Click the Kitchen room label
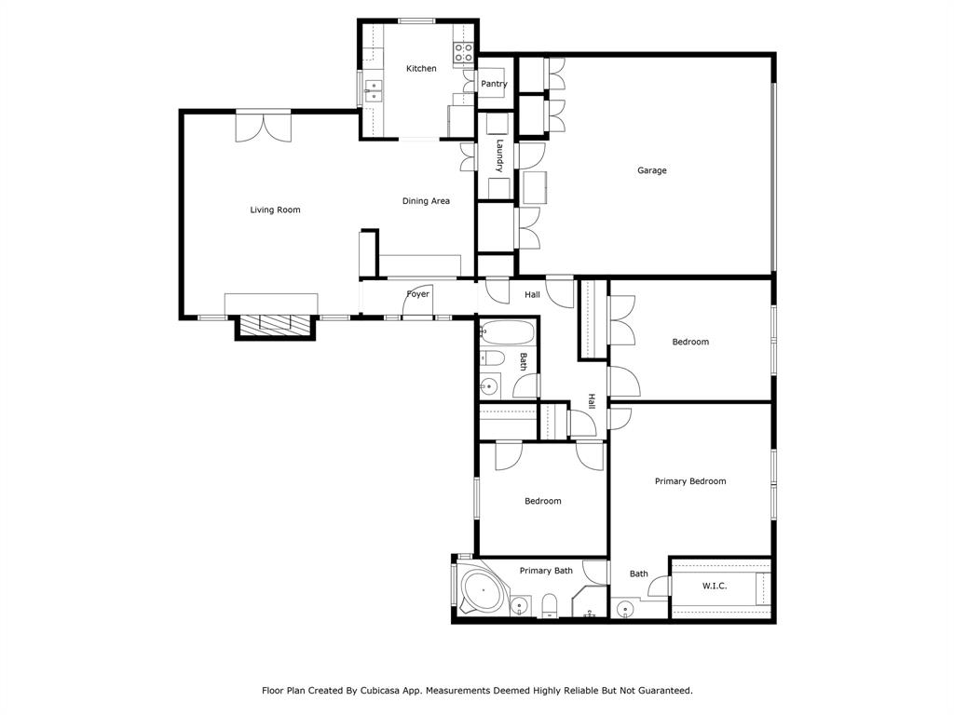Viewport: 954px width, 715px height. pos(421,69)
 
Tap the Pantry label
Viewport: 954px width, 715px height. pos(494,84)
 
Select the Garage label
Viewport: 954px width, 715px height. pos(651,170)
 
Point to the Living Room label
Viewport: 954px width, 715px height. pos(275,209)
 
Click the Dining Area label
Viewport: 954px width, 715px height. pos(426,201)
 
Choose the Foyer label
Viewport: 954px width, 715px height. pos(418,294)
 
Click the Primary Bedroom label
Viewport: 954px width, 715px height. pos(689,481)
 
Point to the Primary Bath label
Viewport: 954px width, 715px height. pos(546,571)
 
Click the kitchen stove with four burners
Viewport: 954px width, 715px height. pos(463,53)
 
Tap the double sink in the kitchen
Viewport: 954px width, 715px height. pos(373,90)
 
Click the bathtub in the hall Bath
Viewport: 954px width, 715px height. pos(507,332)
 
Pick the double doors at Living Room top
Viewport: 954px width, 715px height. pos(263,126)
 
